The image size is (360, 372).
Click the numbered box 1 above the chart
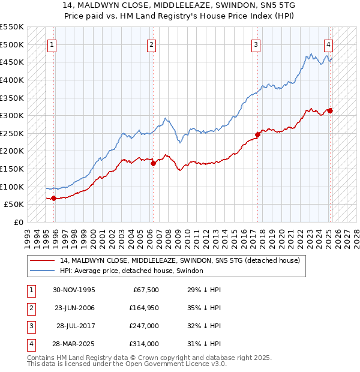(x=52, y=44)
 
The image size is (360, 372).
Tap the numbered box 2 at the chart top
(x=151, y=44)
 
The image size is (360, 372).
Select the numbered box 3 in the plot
(x=256, y=44)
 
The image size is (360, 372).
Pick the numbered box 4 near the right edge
(x=329, y=44)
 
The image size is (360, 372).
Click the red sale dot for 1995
(x=54, y=198)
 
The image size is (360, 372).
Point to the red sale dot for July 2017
(x=258, y=134)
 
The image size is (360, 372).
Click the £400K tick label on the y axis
(x=12, y=80)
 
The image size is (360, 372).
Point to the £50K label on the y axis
(x=14, y=205)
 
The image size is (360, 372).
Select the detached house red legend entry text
(x=175, y=260)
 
